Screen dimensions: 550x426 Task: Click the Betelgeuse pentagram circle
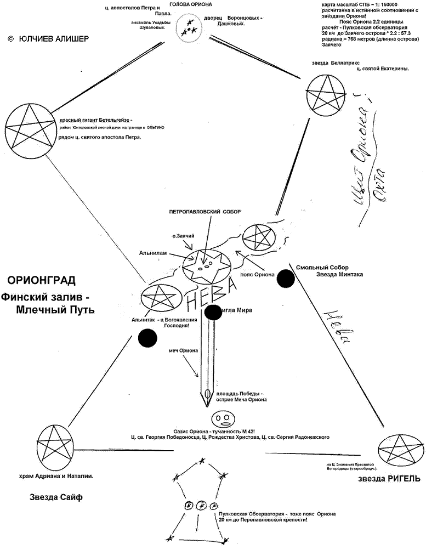coord(28,129)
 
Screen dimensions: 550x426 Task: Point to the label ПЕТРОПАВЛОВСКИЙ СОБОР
coord(205,212)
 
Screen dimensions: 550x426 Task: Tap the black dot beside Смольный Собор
coord(286,278)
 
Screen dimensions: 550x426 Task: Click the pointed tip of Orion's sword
coord(207,406)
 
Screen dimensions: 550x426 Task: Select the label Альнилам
coord(153,253)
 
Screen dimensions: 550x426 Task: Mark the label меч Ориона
coord(185,351)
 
